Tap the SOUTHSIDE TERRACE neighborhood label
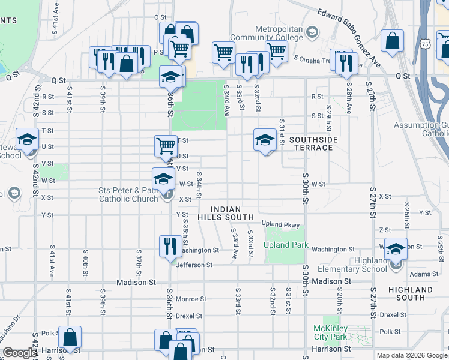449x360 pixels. click(x=313, y=143)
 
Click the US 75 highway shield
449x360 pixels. click(x=425, y=44)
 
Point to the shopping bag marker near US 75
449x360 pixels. click(x=392, y=42)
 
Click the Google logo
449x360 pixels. click(x=19, y=353)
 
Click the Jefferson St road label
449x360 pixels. click(x=194, y=265)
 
